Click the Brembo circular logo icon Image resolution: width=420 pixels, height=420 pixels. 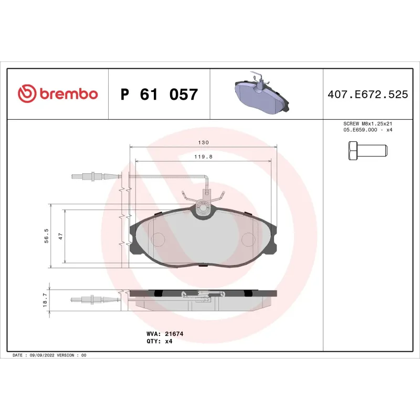click(26, 94)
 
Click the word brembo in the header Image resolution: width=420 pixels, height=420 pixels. click(67, 94)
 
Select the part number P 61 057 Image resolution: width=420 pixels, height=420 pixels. click(159, 94)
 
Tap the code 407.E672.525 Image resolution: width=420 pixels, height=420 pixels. click(367, 95)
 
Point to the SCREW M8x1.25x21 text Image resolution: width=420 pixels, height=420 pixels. click(367, 124)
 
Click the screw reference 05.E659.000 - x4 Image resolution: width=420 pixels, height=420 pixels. click(367, 130)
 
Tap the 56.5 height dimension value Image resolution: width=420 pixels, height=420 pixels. click(46, 235)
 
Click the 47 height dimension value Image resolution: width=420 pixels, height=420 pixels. click(60, 236)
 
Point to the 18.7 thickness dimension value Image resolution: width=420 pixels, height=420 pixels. click(45, 300)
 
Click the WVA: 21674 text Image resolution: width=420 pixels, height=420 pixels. click(161, 333)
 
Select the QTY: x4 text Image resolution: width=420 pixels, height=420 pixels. click(159, 341)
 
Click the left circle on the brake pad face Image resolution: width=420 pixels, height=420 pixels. click(158, 239)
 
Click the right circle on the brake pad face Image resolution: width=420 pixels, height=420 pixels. click(248, 239)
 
